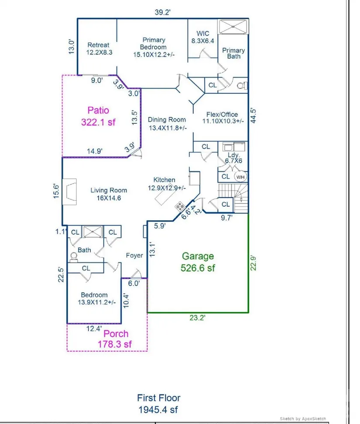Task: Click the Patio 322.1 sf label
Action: [x=98, y=116]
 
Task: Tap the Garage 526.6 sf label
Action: [x=198, y=262]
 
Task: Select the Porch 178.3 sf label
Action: [x=115, y=339]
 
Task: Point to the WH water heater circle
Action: [x=240, y=177]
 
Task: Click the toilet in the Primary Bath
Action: [x=242, y=86]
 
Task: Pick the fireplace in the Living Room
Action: [x=69, y=191]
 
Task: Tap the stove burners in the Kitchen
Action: [x=180, y=207]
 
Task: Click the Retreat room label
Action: [x=99, y=48]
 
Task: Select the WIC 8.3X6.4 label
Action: [x=203, y=37]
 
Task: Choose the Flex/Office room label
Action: [x=223, y=118]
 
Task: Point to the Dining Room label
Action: [x=167, y=123]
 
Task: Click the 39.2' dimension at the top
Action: [x=162, y=12]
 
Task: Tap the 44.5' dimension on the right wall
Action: [x=253, y=116]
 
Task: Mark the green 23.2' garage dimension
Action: [x=197, y=318]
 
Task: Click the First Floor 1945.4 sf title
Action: [x=158, y=404]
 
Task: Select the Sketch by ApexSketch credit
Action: [x=303, y=419]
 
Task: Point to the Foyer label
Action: [x=134, y=256]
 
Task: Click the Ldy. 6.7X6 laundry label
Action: [x=234, y=158]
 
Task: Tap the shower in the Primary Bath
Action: [x=233, y=27]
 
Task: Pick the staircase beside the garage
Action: [x=233, y=198]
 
